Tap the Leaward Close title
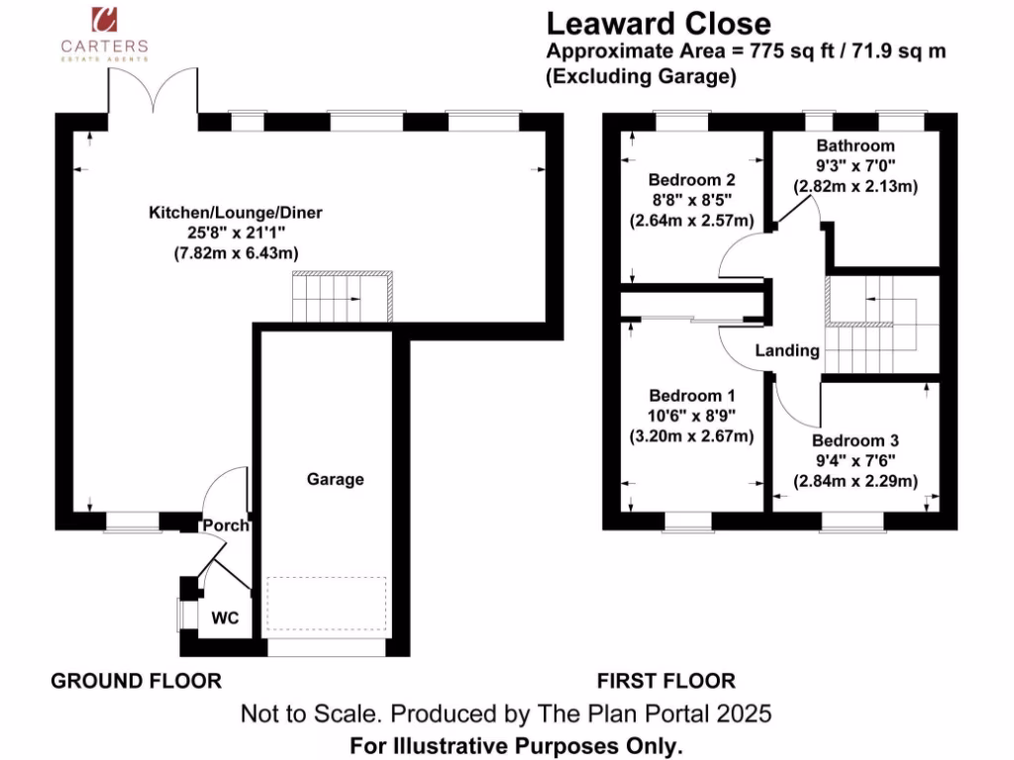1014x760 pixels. (659, 23)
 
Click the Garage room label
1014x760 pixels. (335, 479)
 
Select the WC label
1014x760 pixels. (226, 618)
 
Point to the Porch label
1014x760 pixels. (226, 524)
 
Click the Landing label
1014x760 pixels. (787, 350)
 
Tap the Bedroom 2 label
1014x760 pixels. (691, 180)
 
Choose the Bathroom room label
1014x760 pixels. (856, 146)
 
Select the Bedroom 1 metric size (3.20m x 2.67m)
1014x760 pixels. (691, 435)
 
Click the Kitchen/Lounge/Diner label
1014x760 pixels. (236, 213)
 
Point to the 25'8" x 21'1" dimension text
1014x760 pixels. (236, 234)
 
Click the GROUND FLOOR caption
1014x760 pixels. (137, 681)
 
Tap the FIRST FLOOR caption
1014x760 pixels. (665, 681)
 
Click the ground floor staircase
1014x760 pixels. (341, 296)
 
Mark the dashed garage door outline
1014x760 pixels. (329, 604)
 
